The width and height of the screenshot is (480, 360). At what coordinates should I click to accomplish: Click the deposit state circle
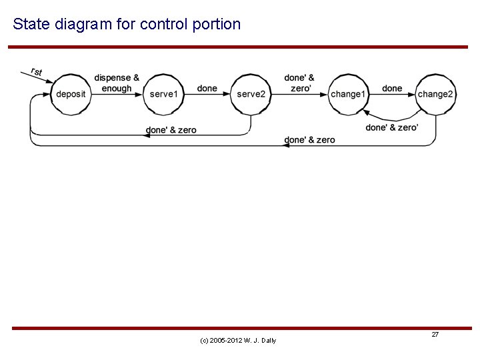[x=71, y=94]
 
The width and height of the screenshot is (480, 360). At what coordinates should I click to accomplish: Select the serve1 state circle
[x=163, y=94]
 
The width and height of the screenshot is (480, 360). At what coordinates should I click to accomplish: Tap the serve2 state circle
[x=251, y=94]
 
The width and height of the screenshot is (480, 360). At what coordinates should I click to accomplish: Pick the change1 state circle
[x=348, y=94]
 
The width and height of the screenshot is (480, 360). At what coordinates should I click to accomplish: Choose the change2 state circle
[x=435, y=94]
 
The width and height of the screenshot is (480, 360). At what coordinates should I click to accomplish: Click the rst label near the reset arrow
[x=37, y=71]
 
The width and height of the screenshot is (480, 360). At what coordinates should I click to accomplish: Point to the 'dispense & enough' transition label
[x=117, y=83]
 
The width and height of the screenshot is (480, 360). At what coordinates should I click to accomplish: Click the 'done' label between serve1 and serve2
[x=207, y=89]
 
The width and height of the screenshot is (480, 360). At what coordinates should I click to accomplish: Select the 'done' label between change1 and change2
[x=392, y=89]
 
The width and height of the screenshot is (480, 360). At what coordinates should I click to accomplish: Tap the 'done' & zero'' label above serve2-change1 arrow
[x=299, y=83]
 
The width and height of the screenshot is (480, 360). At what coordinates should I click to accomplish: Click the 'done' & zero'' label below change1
[x=392, y=127]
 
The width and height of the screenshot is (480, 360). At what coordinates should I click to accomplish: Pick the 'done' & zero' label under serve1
[x=171, y=130]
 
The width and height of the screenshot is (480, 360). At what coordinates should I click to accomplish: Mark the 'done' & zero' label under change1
[x=309, y=140]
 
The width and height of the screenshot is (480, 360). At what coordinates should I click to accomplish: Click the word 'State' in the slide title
[x=27, y=25]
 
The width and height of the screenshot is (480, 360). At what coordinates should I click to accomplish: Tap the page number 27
[x=435, y=334]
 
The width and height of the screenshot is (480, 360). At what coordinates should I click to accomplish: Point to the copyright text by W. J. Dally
[x=238, y=341]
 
